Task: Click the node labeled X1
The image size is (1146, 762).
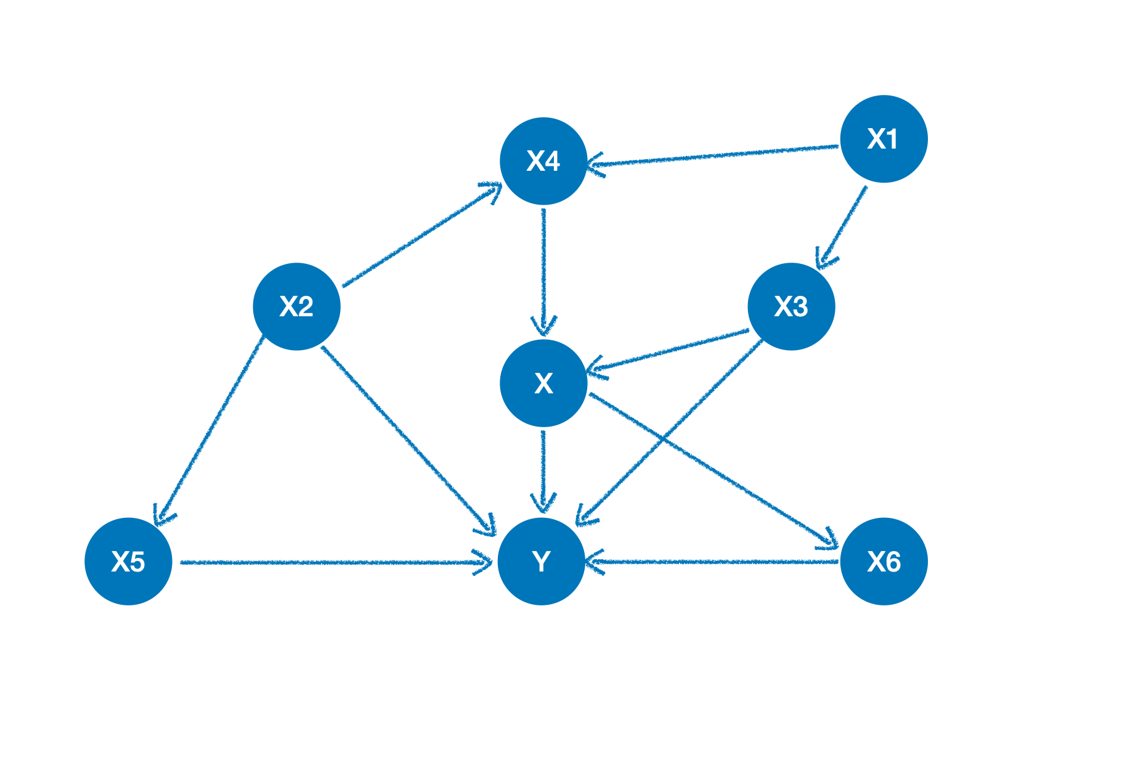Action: (884, 139)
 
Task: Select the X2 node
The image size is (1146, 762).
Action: (296, 306)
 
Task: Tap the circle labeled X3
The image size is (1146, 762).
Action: (791, 306)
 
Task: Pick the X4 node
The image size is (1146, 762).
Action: (543, 161)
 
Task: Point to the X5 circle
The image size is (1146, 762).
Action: (128, 561)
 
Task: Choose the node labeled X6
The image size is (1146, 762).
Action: (884, 561)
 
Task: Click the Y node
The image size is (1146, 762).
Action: (541, 561)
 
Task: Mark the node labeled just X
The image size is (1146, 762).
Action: (543, 383)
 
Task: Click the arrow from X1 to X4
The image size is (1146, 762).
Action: (715, 155)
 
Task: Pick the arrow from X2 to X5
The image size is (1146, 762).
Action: (209, 432)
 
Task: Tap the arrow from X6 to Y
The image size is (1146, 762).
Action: (715, 562)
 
